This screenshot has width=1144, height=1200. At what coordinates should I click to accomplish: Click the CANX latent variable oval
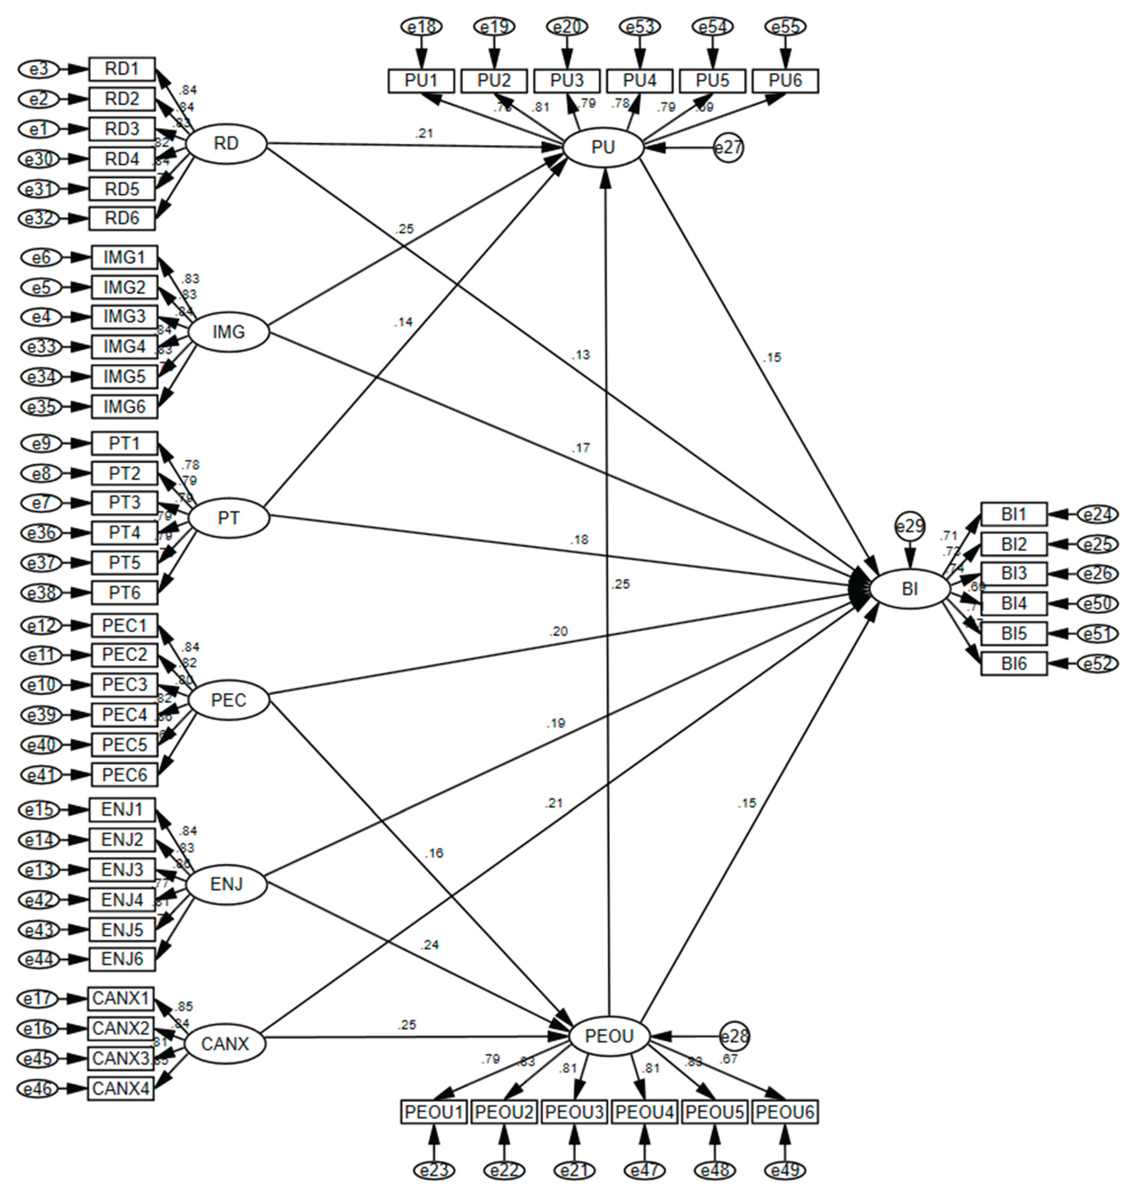225,1044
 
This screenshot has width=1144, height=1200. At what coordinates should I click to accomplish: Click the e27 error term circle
729,148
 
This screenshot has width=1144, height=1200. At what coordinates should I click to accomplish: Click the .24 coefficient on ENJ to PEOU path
429,945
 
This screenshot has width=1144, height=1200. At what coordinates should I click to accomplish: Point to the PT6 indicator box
124,593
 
